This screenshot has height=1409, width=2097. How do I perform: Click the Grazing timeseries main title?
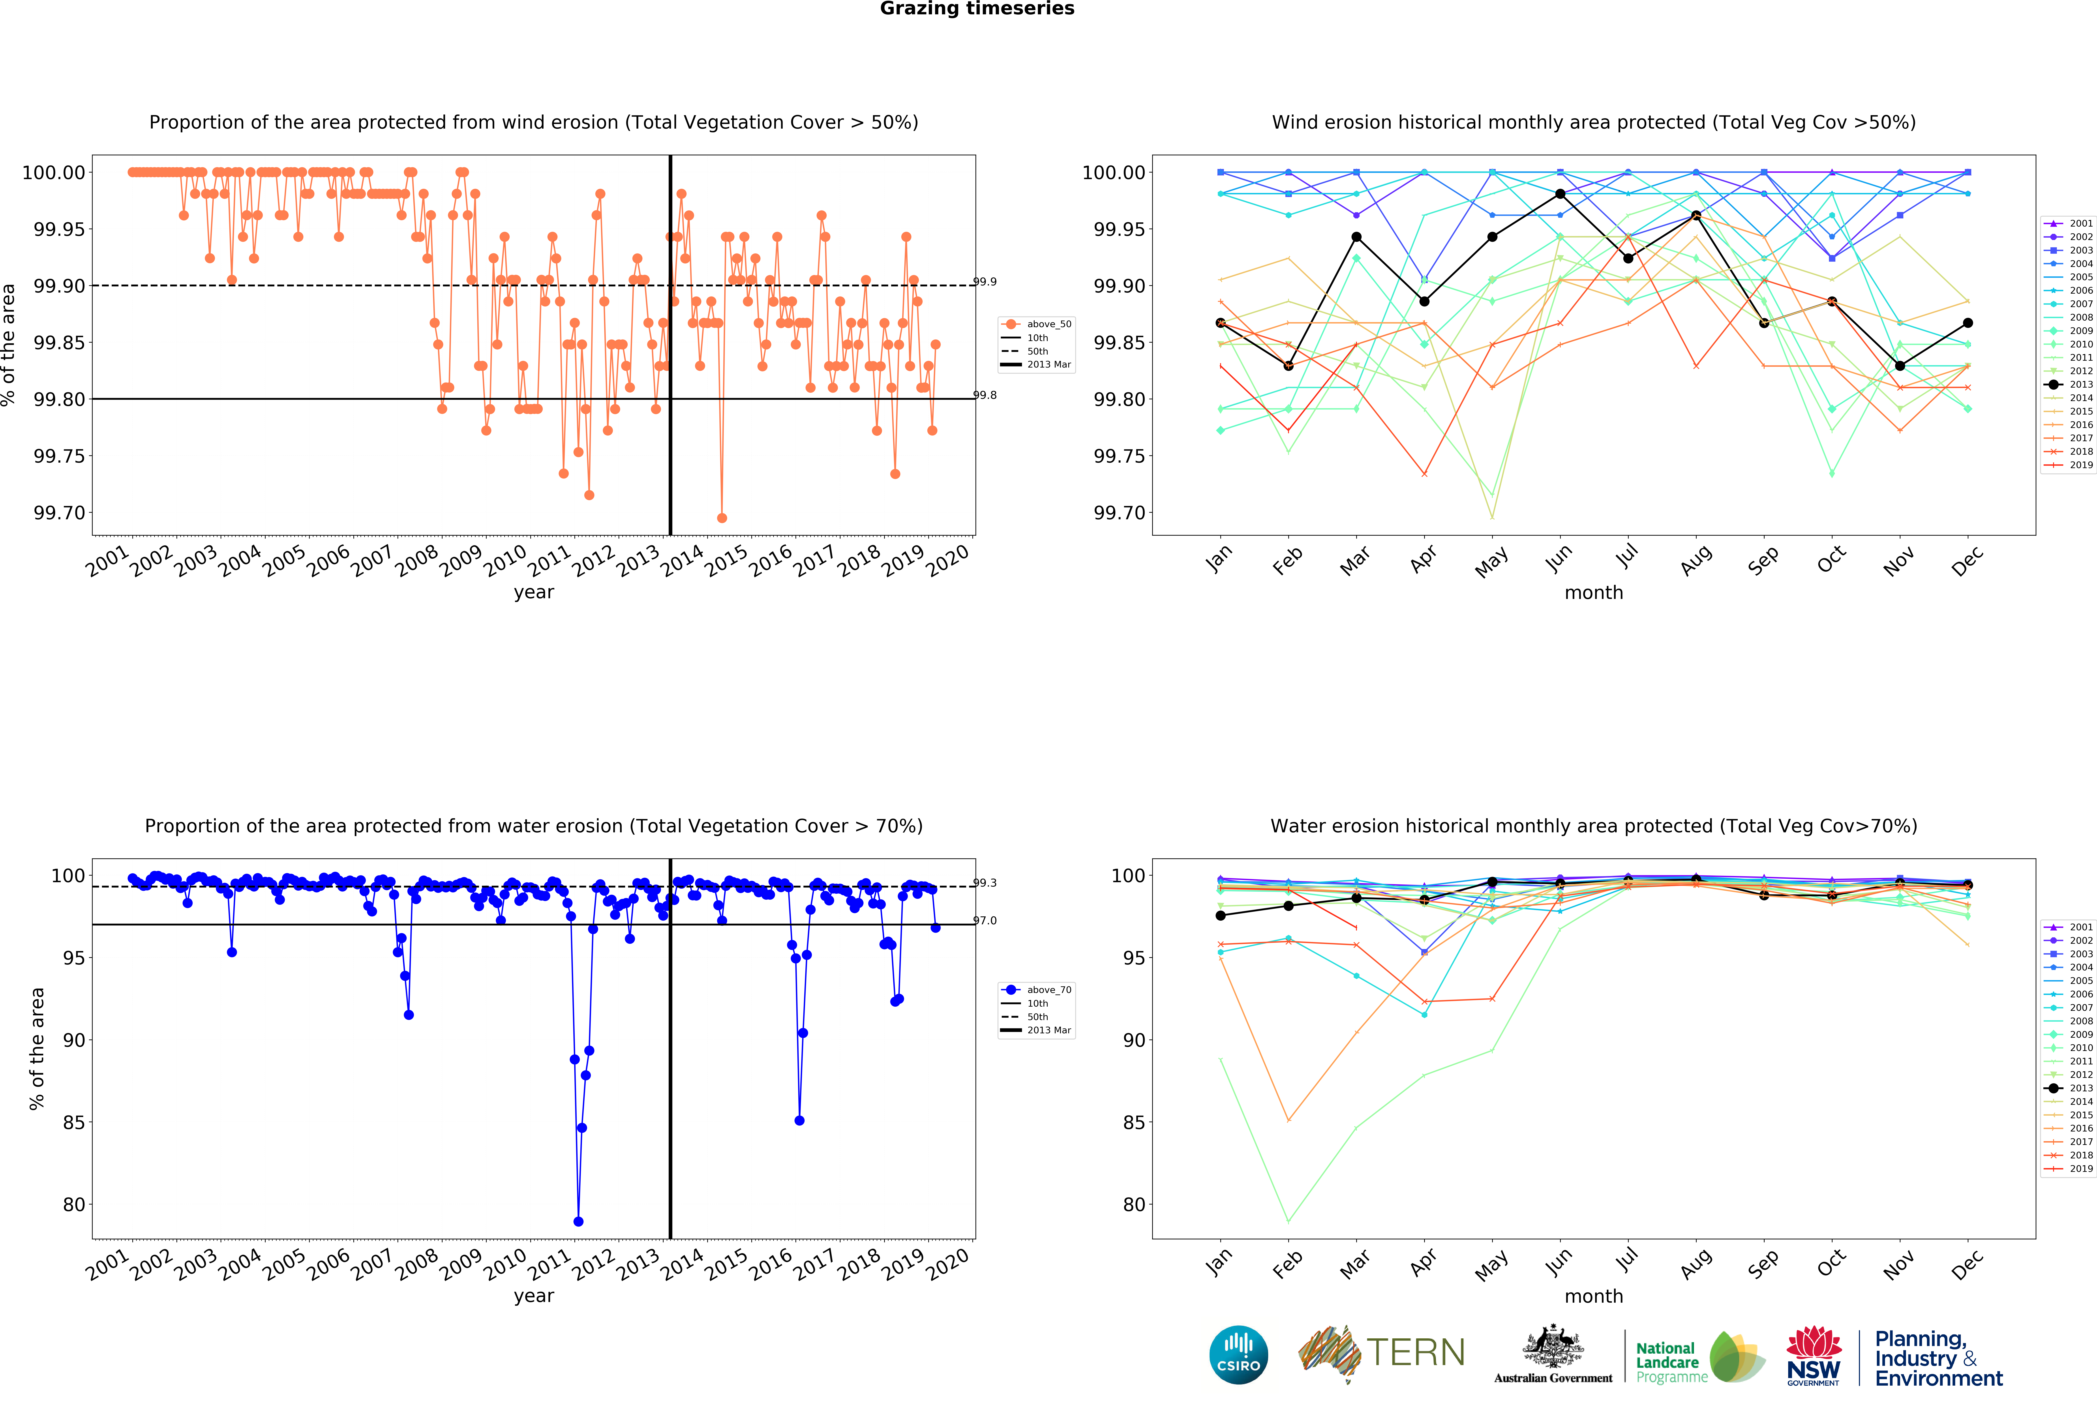[x=977, y=9]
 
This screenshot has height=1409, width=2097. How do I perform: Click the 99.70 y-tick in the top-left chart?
[x=59, y=513]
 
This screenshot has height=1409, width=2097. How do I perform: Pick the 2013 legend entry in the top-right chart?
[x=2071, y=385]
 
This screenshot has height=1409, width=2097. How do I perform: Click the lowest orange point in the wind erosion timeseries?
[x=721, y=518]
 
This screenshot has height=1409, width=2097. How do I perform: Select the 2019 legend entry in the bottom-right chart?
[x=2071, y=1169]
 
